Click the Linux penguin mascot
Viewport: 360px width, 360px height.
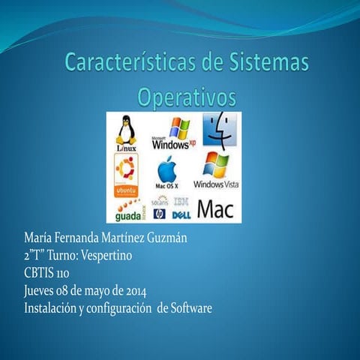[125, 129]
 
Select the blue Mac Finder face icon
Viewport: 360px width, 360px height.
[219, 128]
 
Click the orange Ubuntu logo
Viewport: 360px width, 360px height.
[125, 172]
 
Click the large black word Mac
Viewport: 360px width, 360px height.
[215, 208]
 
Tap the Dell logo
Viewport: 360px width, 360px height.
[180, 214]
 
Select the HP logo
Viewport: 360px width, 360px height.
[159, 214]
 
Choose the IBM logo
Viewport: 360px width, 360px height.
[181, 201]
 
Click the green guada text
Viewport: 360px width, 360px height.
[128, 216]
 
